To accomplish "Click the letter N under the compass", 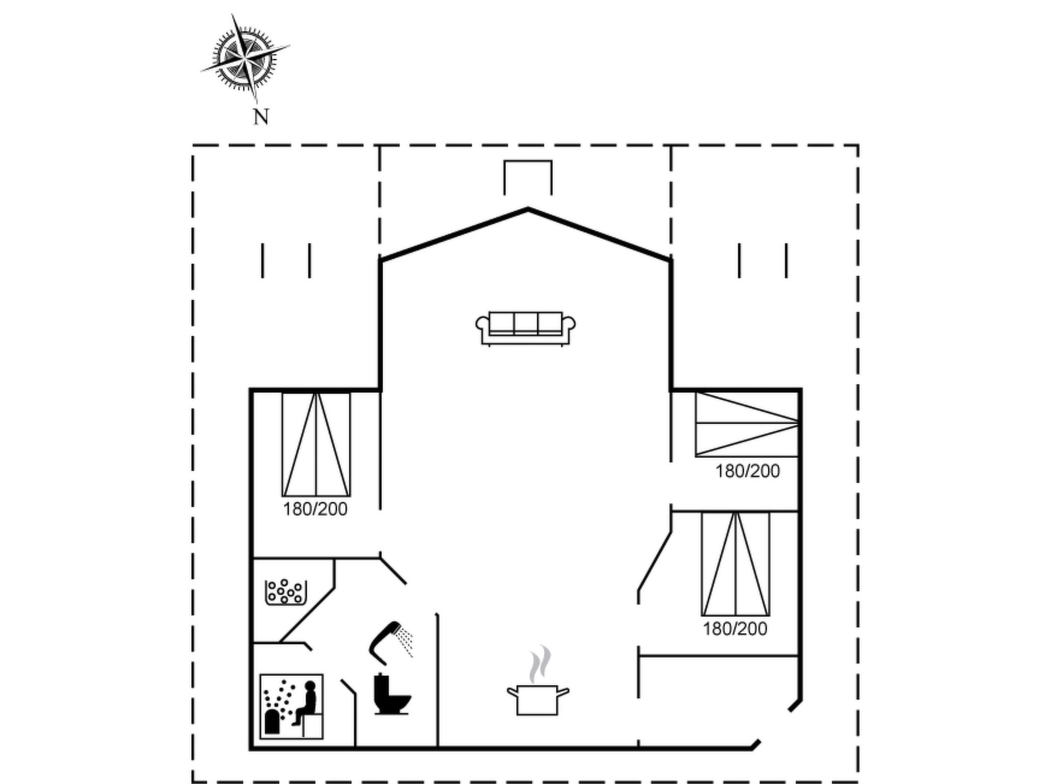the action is [261, 117].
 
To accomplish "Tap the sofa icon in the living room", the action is [526, 329].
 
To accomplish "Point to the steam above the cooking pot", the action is [540, 664].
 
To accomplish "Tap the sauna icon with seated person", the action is [291, 706].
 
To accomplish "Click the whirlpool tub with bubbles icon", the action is [286, 592].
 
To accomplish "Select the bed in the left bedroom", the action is [316, 444].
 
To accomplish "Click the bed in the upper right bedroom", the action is [747, 424].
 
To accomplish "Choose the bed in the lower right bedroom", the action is [735, 564].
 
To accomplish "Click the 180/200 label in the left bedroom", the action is [315, 509].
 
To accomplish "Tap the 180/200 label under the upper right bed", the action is [748, 471].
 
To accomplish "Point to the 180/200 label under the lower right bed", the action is [735, 629].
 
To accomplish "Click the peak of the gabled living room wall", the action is [528, 208].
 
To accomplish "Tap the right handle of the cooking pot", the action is [563, 692].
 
